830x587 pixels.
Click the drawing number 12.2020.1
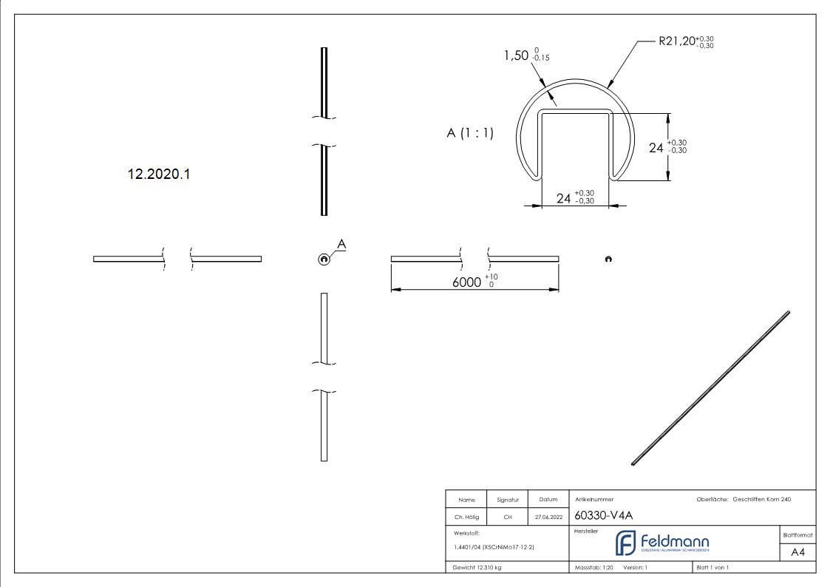click(159, 174)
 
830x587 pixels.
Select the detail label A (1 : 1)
click(470, 133)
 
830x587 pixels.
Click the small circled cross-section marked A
click(323, 259)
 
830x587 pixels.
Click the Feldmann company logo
click(662, 543)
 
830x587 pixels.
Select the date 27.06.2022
click(548, 518)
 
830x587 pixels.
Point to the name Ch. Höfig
click(466, 518)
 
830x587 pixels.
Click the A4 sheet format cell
click(797, 552)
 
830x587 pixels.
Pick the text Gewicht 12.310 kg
click(477, 568)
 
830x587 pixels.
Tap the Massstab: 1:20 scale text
click(594, 568)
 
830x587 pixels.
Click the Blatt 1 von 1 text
click(712, 568)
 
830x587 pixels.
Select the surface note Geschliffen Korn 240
click(761, 500)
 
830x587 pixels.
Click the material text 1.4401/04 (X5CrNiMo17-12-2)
click(494, 547)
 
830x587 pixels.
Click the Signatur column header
click(508, 500)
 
